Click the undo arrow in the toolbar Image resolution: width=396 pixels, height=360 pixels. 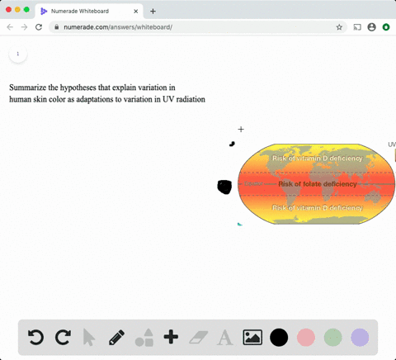point(35,337)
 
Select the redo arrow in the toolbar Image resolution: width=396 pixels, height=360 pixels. point(63,337)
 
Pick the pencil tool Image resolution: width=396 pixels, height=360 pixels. point(116,337)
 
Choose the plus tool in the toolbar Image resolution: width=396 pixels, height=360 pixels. point(171,337)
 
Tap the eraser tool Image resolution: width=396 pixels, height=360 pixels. point(198,337)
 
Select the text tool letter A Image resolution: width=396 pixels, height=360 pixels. point(224,337)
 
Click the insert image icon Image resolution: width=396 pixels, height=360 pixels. point(252,337)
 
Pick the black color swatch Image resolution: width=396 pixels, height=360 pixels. point(279,337)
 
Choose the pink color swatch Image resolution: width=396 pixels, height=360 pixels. point(306,337)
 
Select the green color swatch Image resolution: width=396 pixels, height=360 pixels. point(332,337)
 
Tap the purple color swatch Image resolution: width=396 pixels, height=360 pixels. point(360,337)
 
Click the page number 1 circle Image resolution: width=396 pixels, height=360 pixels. point(17,54)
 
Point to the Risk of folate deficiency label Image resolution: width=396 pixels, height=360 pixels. point(318,184)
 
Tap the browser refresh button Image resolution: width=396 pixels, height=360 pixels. point(38,27)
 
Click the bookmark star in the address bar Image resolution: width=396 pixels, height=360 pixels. point(339,27)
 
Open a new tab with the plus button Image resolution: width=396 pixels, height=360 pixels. point(153,11)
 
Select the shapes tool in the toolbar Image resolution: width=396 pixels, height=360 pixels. point(144,337)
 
